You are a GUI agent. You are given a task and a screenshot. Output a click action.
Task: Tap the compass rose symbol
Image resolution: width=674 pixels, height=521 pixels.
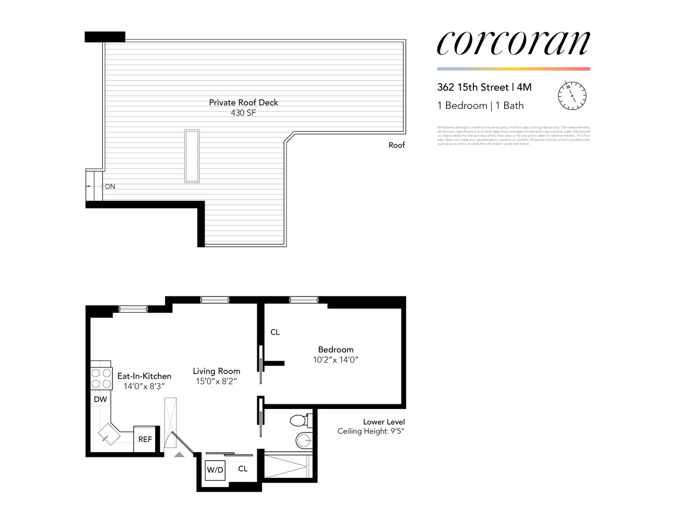tap(572, 96)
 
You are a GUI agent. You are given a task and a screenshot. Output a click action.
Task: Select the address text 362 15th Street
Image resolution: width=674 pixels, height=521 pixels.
tap(473, 88)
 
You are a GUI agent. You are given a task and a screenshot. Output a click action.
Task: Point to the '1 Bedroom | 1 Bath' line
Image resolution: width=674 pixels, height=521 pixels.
tap(480, 106)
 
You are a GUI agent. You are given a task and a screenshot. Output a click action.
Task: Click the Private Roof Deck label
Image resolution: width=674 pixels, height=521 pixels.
tap(243, 103)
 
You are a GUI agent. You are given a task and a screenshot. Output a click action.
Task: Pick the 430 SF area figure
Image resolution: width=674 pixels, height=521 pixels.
tap(243, 113)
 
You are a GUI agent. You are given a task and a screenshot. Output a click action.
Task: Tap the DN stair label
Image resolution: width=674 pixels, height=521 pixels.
tap(110, 187)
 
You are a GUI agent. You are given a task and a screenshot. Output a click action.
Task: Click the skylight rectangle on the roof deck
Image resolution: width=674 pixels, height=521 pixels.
tap(192, 156)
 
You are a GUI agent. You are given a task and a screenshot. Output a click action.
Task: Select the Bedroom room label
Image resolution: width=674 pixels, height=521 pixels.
tap(335, 350)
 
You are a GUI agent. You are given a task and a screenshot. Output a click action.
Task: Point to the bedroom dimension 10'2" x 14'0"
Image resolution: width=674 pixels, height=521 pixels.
tap(335, 360)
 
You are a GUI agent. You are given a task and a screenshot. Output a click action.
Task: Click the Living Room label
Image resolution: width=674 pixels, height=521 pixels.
tap(216, 371)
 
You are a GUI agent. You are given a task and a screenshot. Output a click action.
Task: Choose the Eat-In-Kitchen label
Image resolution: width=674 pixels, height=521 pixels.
tap(144, 376)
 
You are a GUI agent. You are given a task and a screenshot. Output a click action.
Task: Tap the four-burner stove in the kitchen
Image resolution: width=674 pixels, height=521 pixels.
tap(102, 379)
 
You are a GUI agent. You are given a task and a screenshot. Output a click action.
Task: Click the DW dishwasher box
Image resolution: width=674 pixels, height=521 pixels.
tap(101, 400)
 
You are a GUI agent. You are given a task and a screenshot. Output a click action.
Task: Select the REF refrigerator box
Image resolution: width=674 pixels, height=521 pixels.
tap(145, 440)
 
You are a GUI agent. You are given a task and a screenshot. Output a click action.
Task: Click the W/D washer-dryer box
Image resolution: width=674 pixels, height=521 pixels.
tap(215, 470)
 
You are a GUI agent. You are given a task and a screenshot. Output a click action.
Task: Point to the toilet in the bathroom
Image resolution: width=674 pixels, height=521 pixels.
tap(300, 420)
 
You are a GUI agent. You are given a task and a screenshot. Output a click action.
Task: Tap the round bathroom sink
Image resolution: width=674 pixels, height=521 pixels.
tap(304, 440)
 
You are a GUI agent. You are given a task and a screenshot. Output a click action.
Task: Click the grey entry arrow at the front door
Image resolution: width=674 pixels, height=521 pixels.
tap(179, 454)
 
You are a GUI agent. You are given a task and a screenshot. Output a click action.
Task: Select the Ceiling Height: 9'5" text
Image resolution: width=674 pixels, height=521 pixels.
tap(371, 431)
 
